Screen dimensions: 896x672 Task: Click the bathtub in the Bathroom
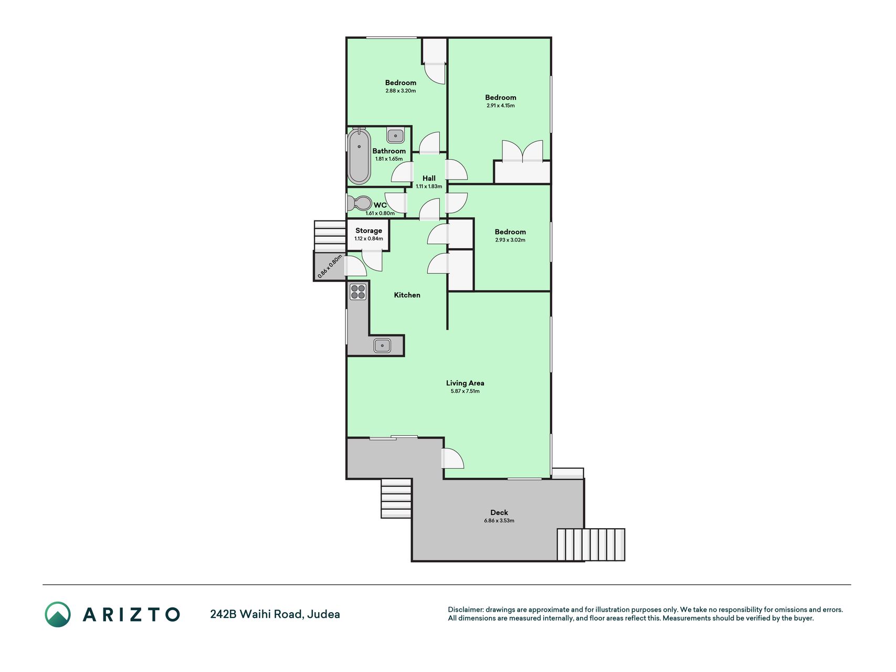(359, 156)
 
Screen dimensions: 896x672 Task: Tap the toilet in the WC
(360, 203)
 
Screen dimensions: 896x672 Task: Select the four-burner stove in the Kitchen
(358, 291)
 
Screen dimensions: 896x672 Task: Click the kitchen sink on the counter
(382, 345)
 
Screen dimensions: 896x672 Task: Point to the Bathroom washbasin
(395, 135)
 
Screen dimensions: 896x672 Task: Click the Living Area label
(465, 383)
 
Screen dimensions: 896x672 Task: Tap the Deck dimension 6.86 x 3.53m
(499, 521)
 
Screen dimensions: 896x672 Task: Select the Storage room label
(368, 230)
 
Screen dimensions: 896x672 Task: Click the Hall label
(429, 178)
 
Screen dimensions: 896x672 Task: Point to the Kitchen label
(407, 295)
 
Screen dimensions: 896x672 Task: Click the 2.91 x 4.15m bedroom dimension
(501, 106)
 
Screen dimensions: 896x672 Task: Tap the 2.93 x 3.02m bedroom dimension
(510, 240)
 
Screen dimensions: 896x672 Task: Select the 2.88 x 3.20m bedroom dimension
(400, 91)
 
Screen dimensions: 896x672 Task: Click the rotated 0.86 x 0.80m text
(330, 266)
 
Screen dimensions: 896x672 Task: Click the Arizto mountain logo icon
(58, 614)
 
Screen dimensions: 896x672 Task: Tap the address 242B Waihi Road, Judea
(275, 614)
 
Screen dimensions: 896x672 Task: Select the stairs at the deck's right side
(591, 545)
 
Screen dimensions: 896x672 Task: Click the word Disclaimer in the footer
(466, 610)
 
